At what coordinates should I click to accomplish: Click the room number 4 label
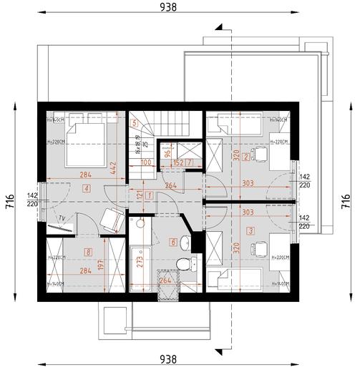(x=86, y=188)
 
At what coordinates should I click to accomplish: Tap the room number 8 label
(x=88, y=251)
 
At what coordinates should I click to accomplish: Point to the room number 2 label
(x=245, y=157)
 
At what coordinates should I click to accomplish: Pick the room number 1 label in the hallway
(x=149, y=195)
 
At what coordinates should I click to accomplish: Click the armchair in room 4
(x=110, y=220)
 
